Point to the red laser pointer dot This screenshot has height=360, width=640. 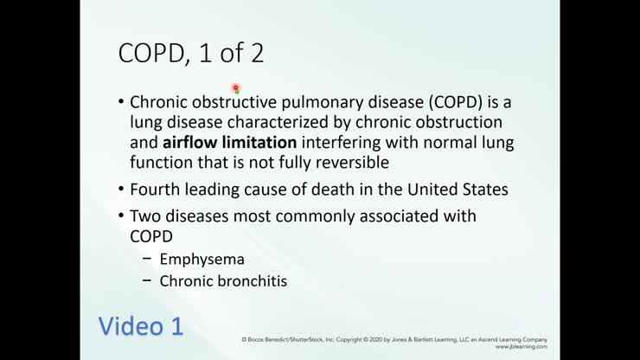[235, 89]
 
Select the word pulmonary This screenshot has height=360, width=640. [340, 102]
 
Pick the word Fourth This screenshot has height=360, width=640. [154, 189]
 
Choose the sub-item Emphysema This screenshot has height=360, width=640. [202, 259]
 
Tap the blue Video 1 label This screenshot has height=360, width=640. [139, 326]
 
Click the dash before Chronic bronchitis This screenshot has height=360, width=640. [142, 280]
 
